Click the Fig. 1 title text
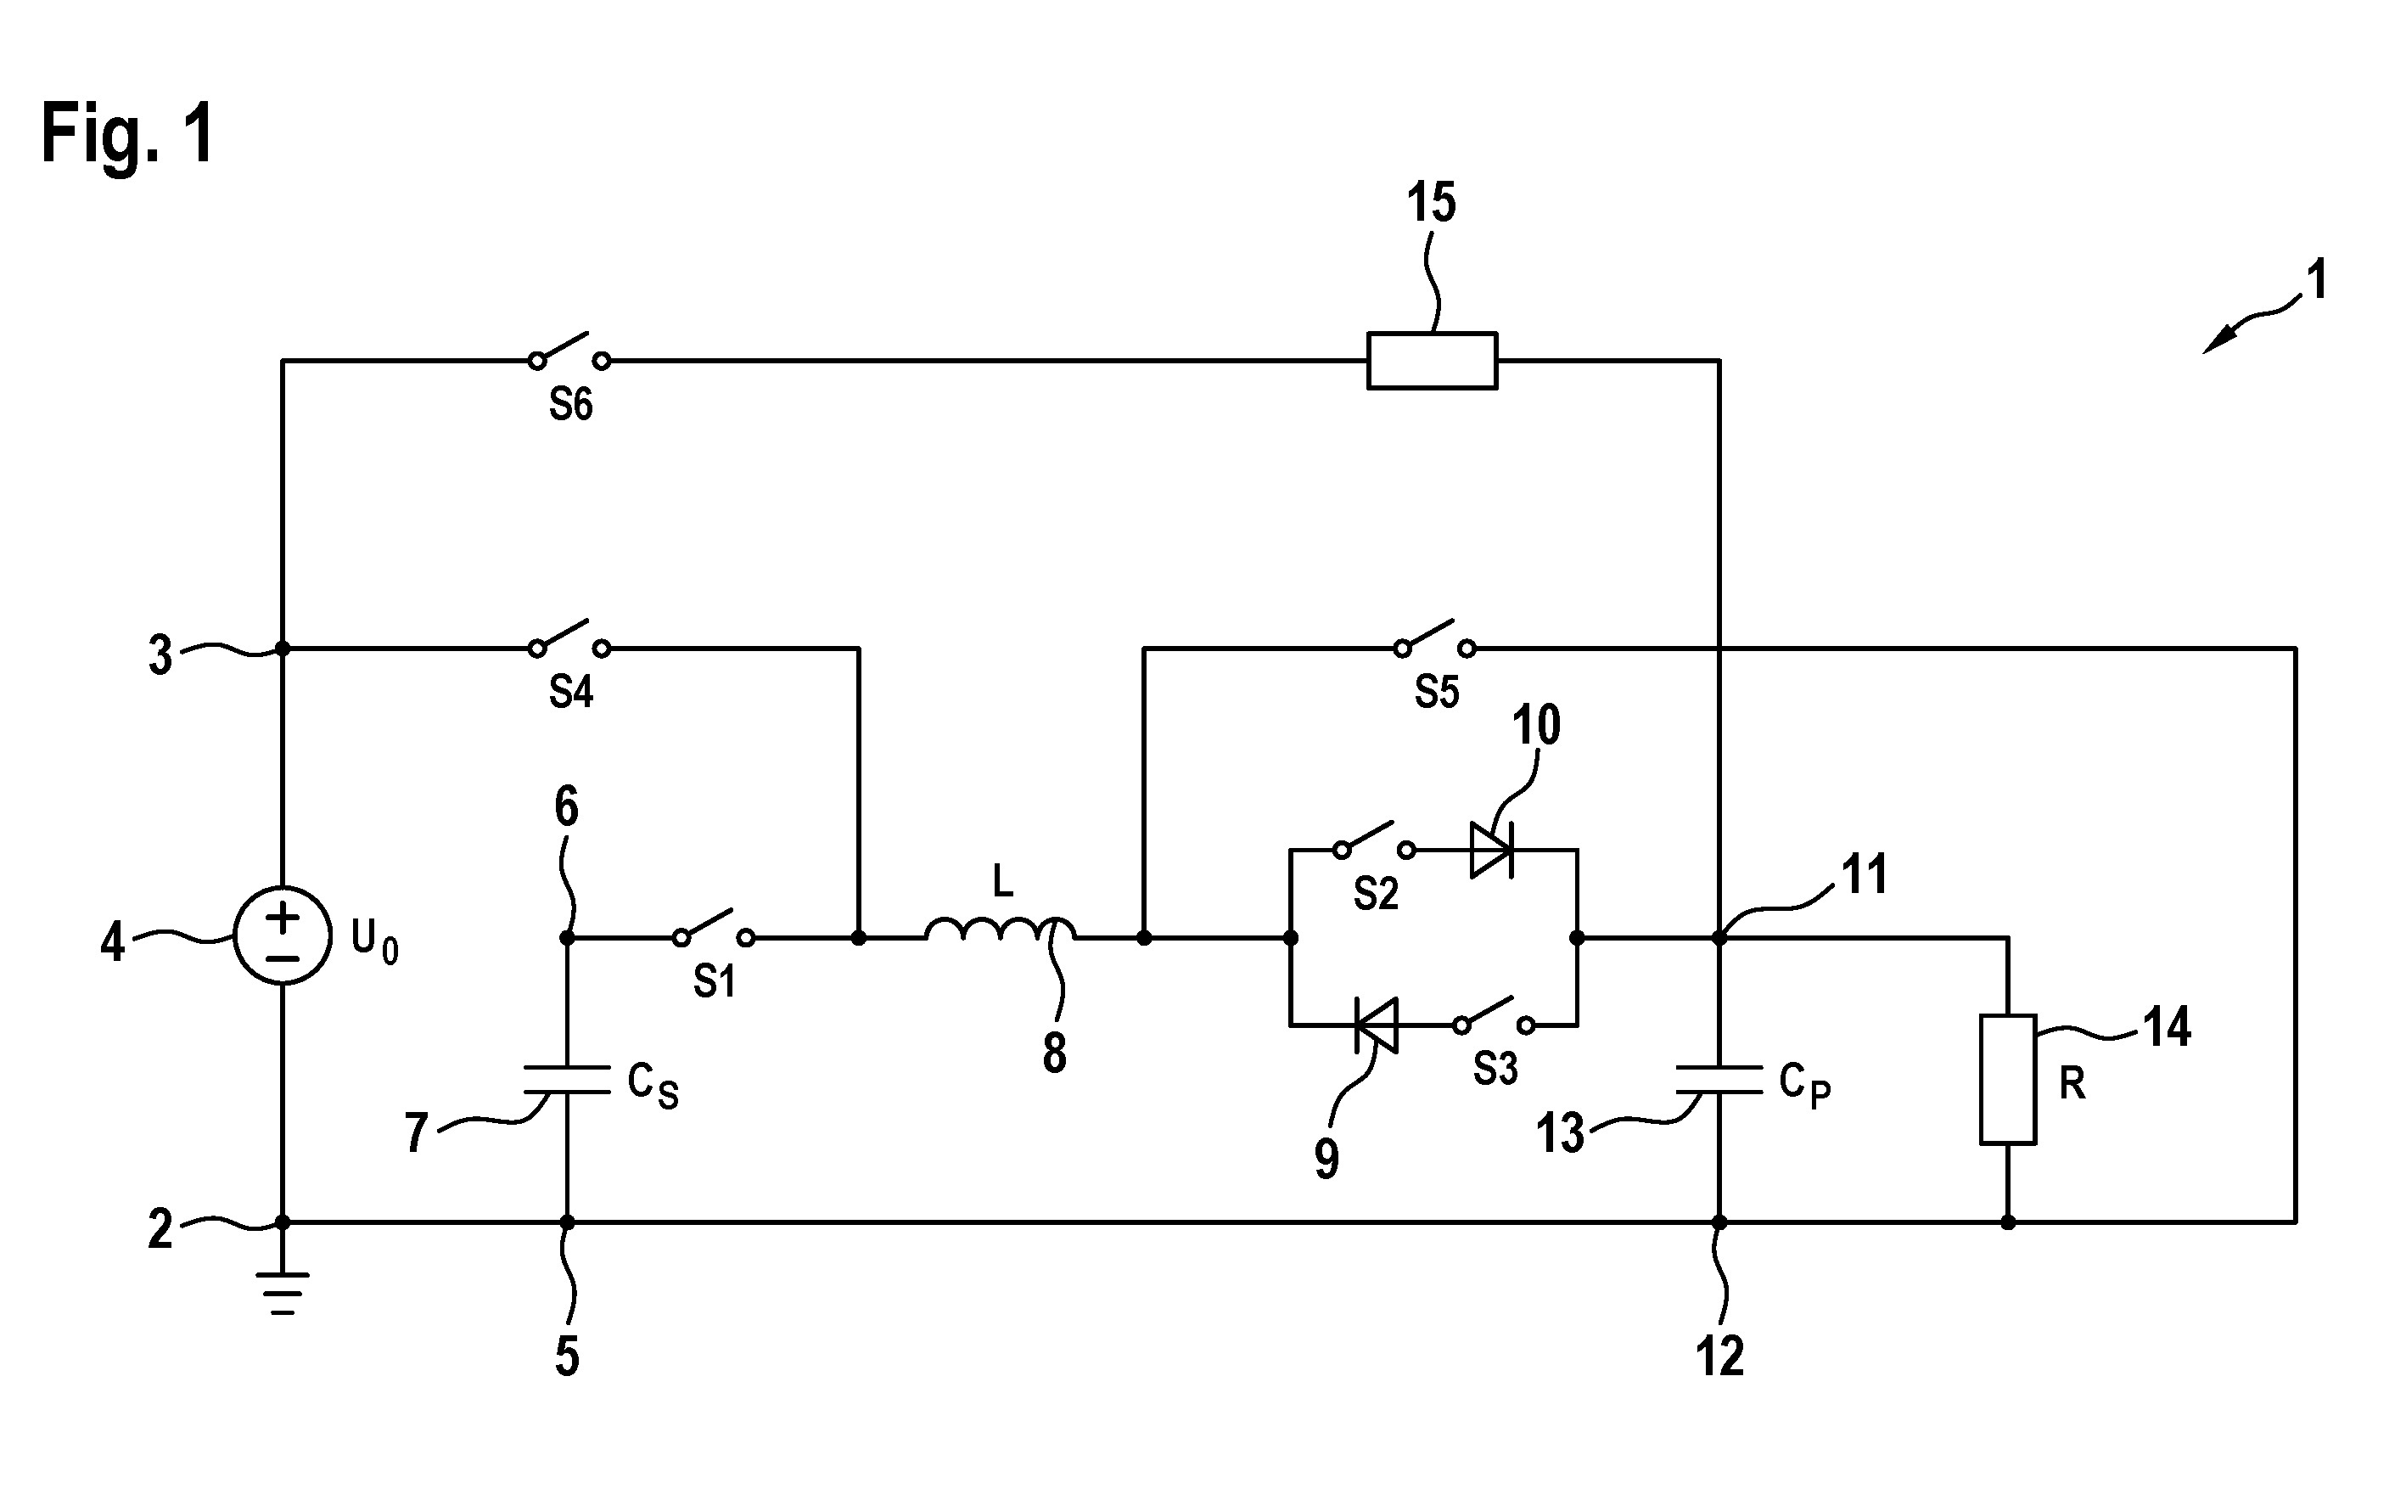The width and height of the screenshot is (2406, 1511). pyautogui.click(x=128, y=134)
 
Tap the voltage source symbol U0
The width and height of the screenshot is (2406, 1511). pyautogui.click(x=283, y=935)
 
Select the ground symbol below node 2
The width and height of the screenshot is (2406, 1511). pyautogui.click(x=283, y=1292)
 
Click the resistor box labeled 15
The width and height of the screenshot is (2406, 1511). pyautogui.click(x=1432, y=360)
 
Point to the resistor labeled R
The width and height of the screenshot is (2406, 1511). pyautogui.click(x=2008, y=1079)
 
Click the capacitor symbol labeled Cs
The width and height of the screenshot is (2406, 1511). pyautogui.click(x=567, y=1079)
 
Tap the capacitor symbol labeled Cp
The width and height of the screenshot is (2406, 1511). pyautogui.click(x=1719, y=1079)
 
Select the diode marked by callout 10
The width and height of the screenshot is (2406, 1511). pyautogui.click(x=1492, y=850)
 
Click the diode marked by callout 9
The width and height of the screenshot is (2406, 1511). pyautogui.click(x=1376, y=1025)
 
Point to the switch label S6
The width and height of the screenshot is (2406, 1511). pyautogui.click(x=570, y=405)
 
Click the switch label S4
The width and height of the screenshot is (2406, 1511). pyautogui.click(x=570, y=692)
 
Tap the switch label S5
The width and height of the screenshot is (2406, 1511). pyautogui.click(x=1437, y=692)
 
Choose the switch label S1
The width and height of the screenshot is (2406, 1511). pyautogui.click(x=715, y=981)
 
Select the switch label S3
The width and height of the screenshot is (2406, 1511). pyautogui.click(x=1495, y=1070)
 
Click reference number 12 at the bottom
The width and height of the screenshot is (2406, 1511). pyautogui.click(x=1719, y=1357)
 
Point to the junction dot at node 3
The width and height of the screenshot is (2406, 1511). pyautogui.click(x=283, y=649)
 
